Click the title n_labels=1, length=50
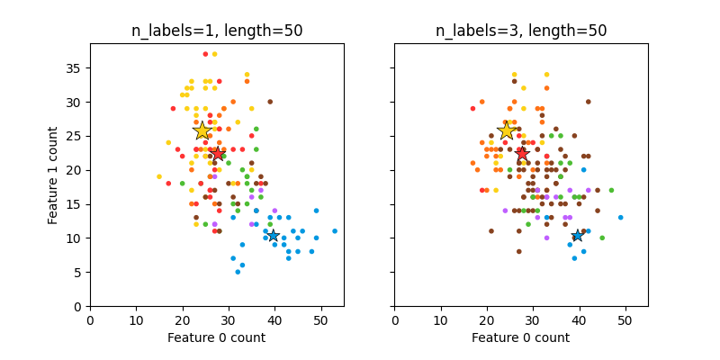tap(217, 31)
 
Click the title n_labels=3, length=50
tap(521, 31)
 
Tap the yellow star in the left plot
tap(202, 130)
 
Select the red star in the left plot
tap(217, 154)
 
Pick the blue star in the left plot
tap(273, 236)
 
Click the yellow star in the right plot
tap(507, 130)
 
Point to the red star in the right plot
tap(521, 154)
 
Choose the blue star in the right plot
tap(577, 236)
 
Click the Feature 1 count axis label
tap(54, 175)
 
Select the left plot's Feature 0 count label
tap(217, 337)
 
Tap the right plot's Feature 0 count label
tap(521, 337)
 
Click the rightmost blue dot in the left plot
tap(335, 231)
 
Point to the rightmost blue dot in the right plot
tap(620, 218)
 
